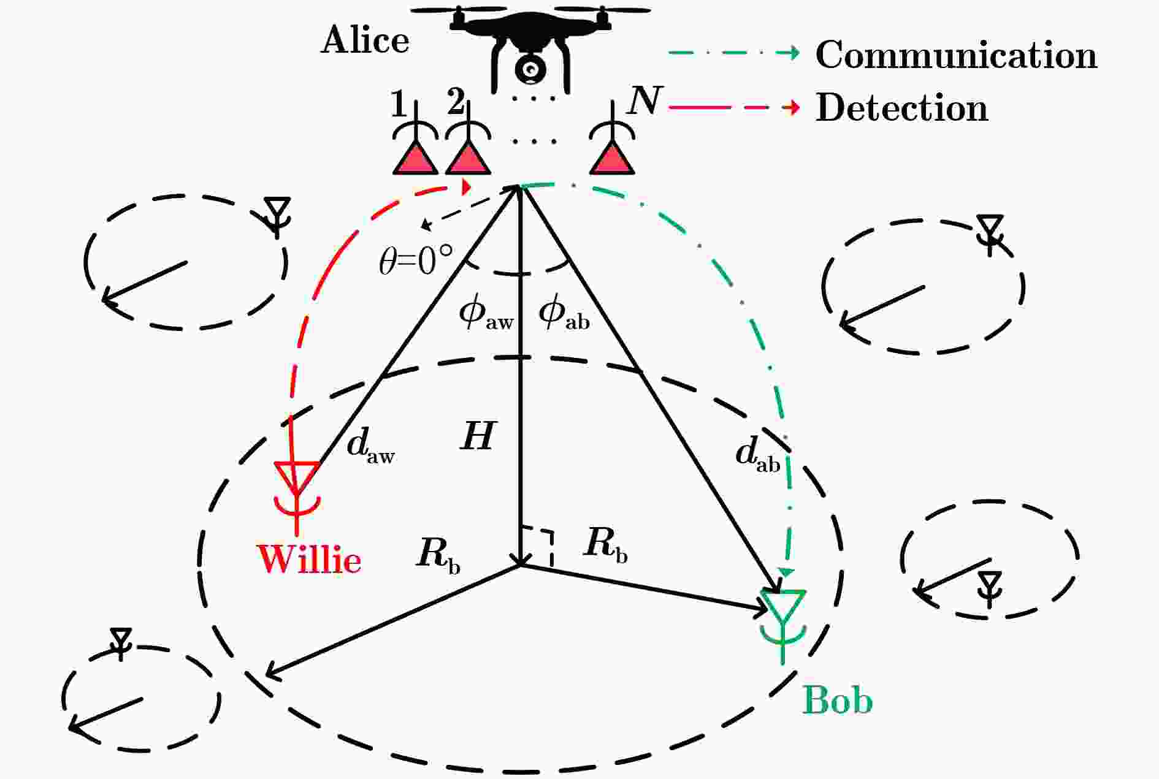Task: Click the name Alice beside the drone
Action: pyautogui.click(x=365, y=40)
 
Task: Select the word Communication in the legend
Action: pyautogui.click(x=956, y=55)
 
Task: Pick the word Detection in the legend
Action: pyautogui.click(x=901, y=108)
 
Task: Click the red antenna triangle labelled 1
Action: pyautogui.click(x=415, y=158)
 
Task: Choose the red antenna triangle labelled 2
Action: pyautogui.click(x=468, y=158)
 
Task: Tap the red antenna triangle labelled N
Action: pyautogui.click(x=611, y=158)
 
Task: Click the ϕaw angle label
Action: pyautogui.click(x=486, y=314)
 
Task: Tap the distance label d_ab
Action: pyautogui.click(x=758, y=455)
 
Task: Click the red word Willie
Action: pyautogui.click(x=310, y=559)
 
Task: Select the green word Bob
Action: pyautogui.click(x=837, y=700)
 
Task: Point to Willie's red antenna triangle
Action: pyautogui.click(x=297, y=476)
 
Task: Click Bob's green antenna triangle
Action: pyautogui.click(x=783, y=605)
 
